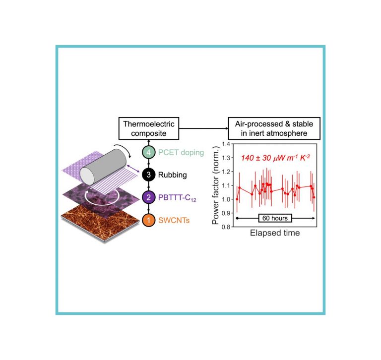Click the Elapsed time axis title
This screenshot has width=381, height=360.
(x=275, y=233)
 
